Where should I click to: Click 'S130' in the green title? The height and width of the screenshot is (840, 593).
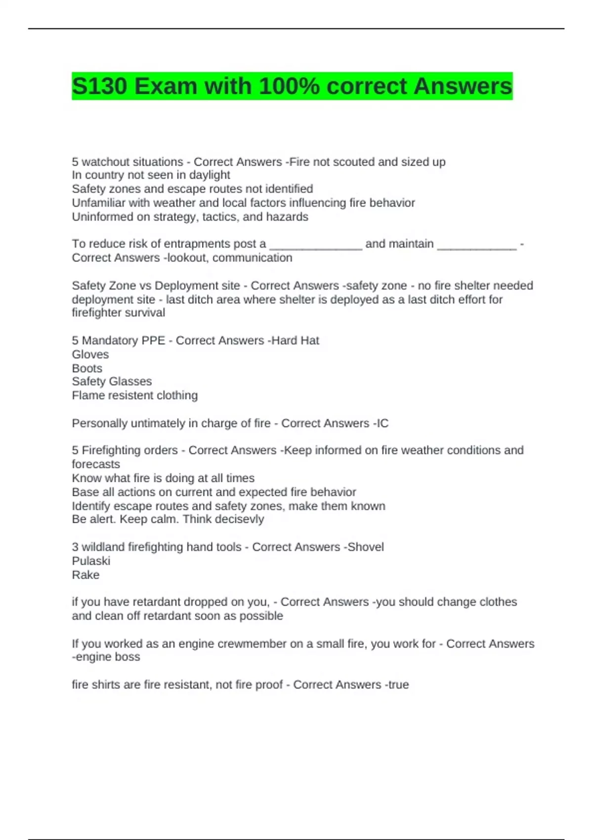tap(99, 86)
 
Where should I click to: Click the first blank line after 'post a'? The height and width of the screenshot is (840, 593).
tap(316, 247)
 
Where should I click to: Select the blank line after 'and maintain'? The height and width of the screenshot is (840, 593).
tap(477, 247)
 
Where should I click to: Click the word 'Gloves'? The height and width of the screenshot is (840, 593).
tap(90, 354)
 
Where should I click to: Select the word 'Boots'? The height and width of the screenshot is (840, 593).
tap(87, 368)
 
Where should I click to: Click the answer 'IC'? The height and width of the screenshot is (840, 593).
tap(382, 423)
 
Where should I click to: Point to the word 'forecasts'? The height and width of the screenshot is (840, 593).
tap(96, 464)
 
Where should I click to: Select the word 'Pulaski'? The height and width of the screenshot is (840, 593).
tap(91, 561)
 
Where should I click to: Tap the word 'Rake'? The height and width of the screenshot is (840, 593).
tap(85, 575)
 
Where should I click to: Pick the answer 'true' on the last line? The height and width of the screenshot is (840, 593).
tap(398, 685)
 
